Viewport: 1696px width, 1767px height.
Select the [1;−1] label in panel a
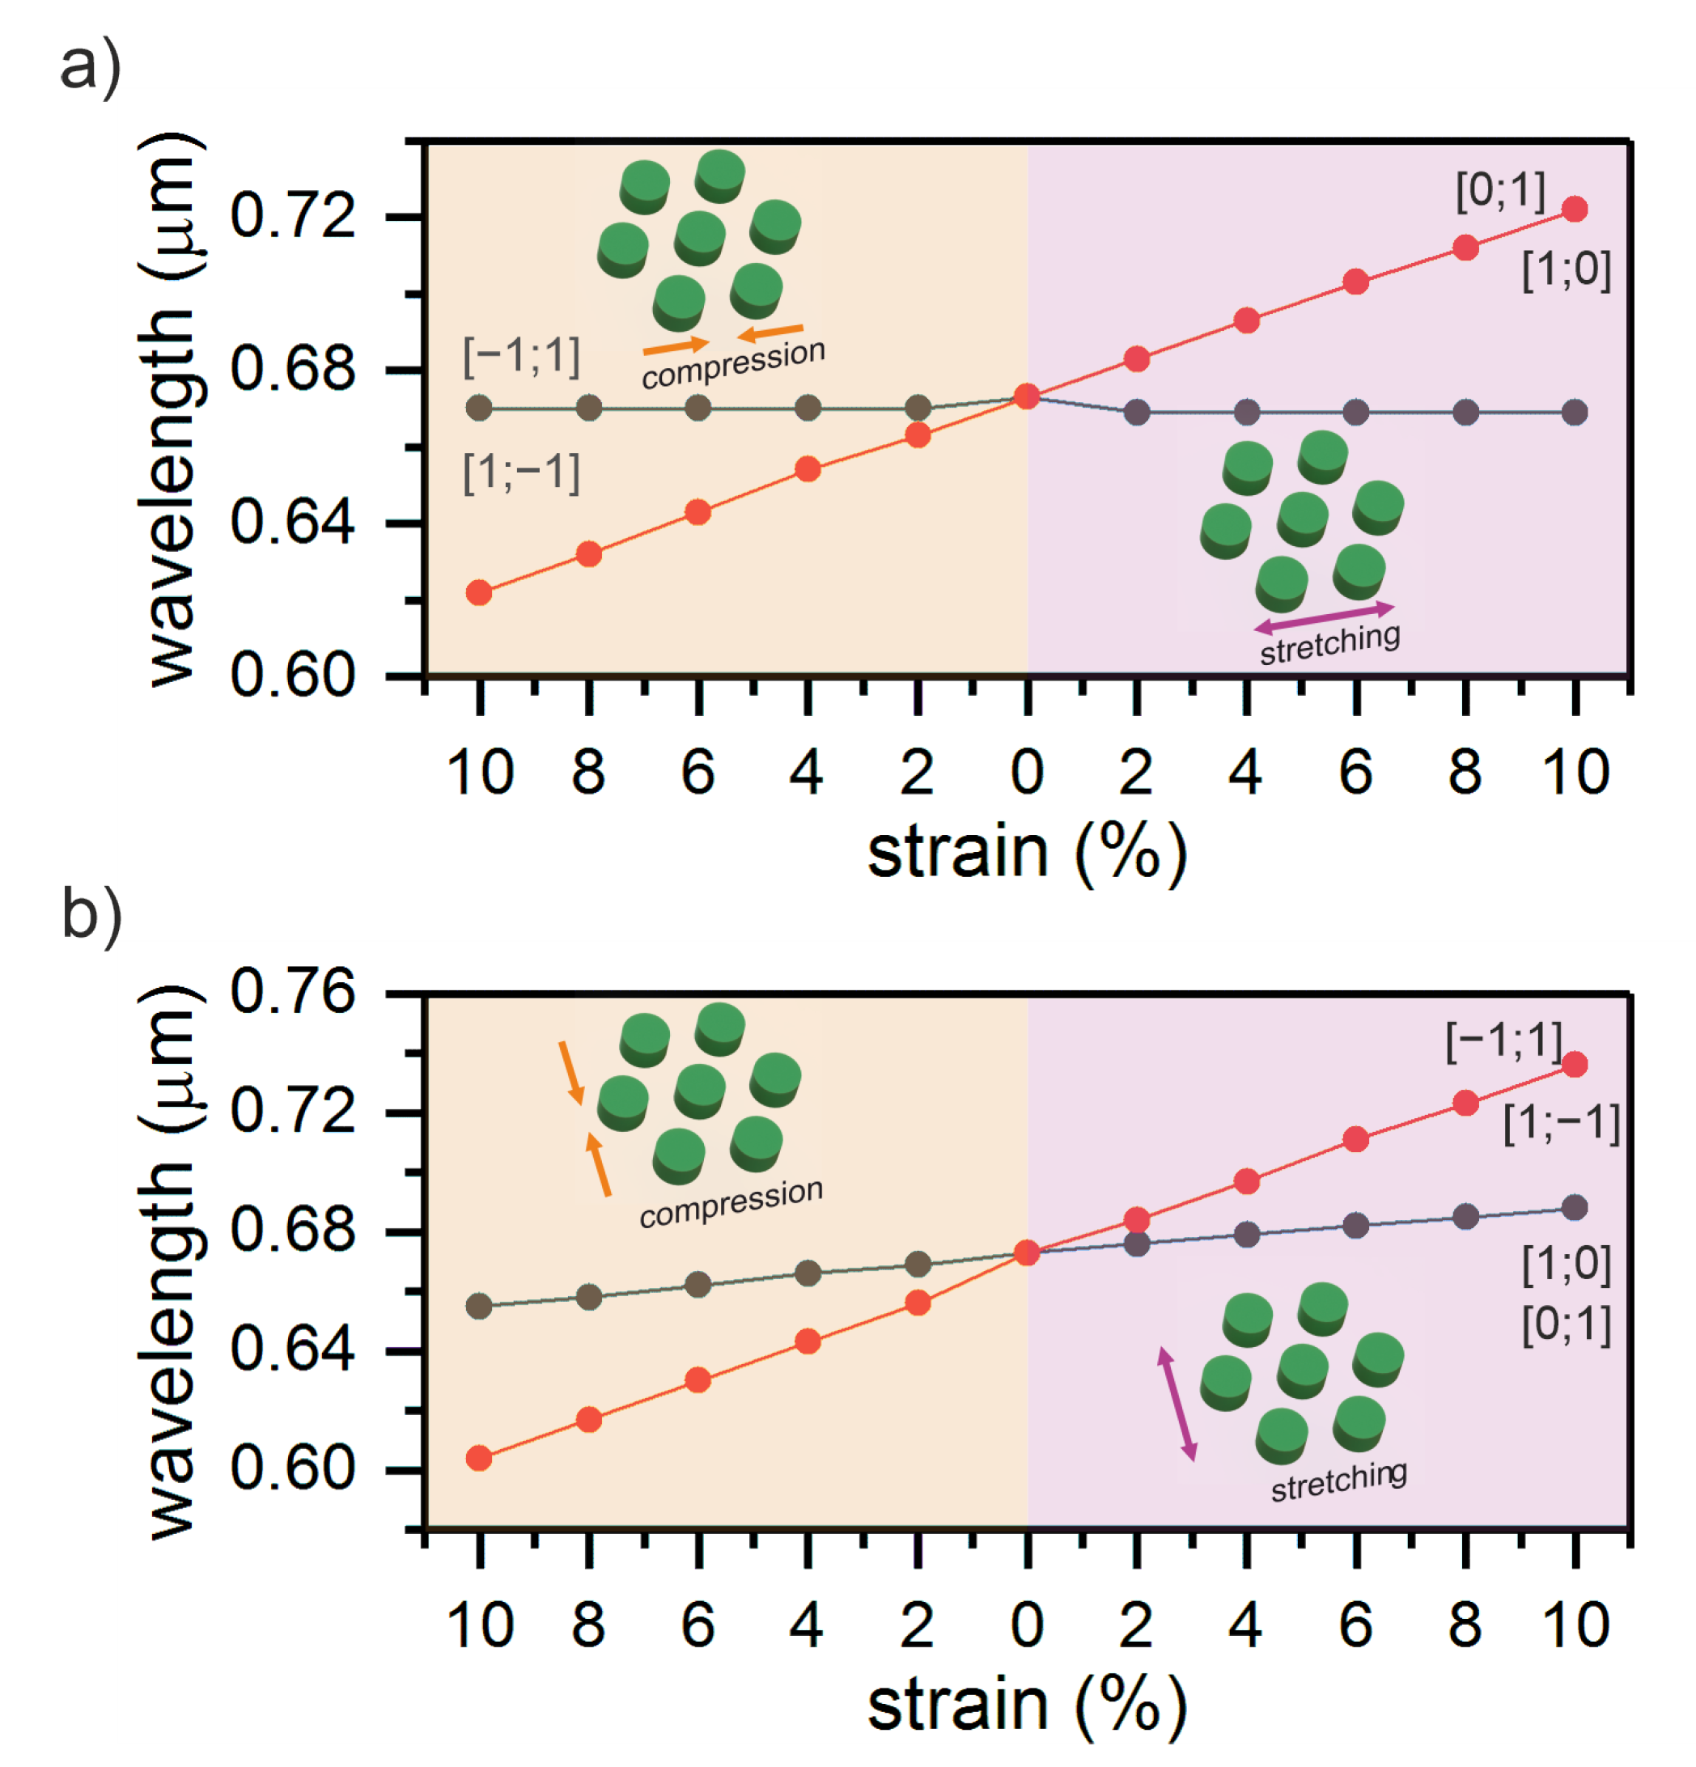[520, 472]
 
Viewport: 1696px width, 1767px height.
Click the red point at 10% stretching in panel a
[1575, 210]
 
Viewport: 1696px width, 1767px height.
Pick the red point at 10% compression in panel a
[479, 592]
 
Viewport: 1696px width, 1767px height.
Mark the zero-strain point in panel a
[1026, 396]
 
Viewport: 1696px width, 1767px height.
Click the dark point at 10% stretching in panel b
[1575, 1208]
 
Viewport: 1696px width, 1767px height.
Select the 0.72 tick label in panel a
[292, 216]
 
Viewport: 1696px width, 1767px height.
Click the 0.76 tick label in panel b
[292, 994]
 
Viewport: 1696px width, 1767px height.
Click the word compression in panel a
[732, 363]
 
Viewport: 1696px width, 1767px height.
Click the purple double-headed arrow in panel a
[1324, 617]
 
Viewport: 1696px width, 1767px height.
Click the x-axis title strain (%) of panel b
[1026, 1706]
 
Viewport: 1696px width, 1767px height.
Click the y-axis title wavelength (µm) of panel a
[172, 410]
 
